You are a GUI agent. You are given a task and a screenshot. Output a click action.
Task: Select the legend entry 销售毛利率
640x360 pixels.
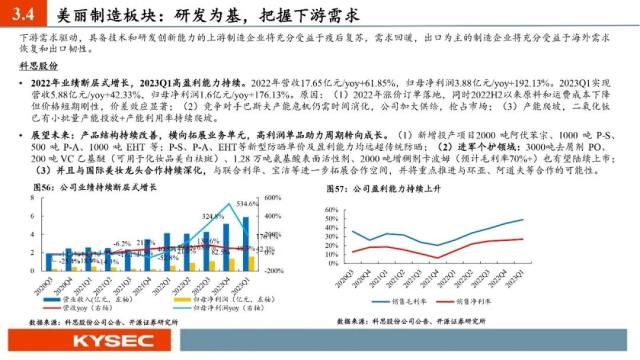pyautogui.click(x=400, y=299)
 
